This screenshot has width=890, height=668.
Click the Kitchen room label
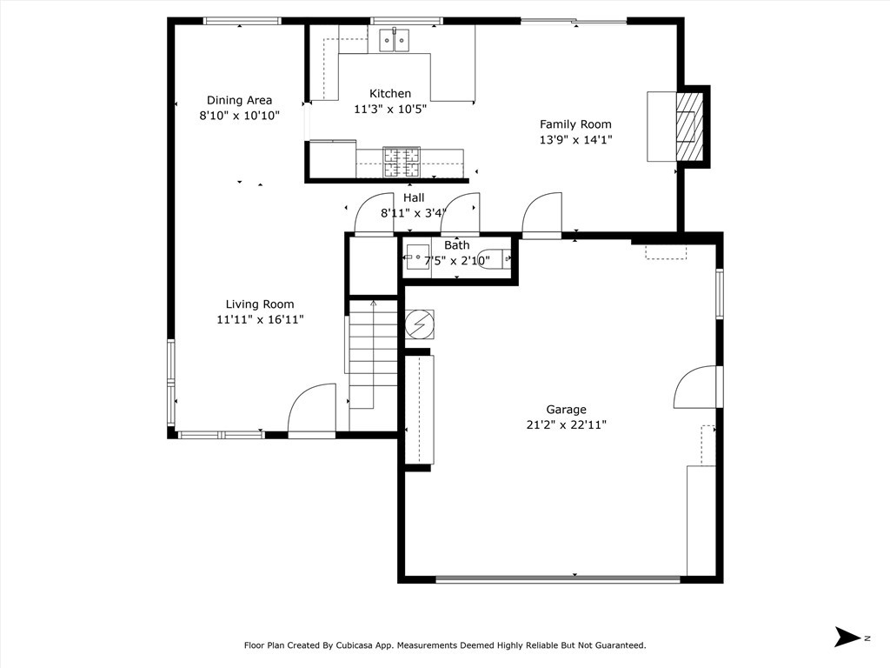(390, 94)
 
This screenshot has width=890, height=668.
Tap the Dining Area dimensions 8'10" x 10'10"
(239, 116)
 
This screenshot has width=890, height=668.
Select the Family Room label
(575, 124)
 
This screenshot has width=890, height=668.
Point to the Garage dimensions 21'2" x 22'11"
(566, 424)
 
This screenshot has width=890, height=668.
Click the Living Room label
(259, 304)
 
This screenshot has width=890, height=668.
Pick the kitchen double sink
(395, 40)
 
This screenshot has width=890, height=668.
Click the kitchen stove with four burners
(402, 162)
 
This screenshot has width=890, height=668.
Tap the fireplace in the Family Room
(689, 126)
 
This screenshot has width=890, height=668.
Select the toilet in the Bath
(493, 259)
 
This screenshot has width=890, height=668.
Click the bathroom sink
(418, 257)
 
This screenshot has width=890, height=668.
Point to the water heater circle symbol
(419, 324)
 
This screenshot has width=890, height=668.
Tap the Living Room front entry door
(312, 409)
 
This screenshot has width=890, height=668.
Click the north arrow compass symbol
(847, 637)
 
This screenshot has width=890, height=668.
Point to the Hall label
(414, 198)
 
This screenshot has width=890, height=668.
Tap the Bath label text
(457, 245)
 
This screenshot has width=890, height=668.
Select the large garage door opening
(558, 579)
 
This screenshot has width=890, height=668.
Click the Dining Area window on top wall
(242, 21)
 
